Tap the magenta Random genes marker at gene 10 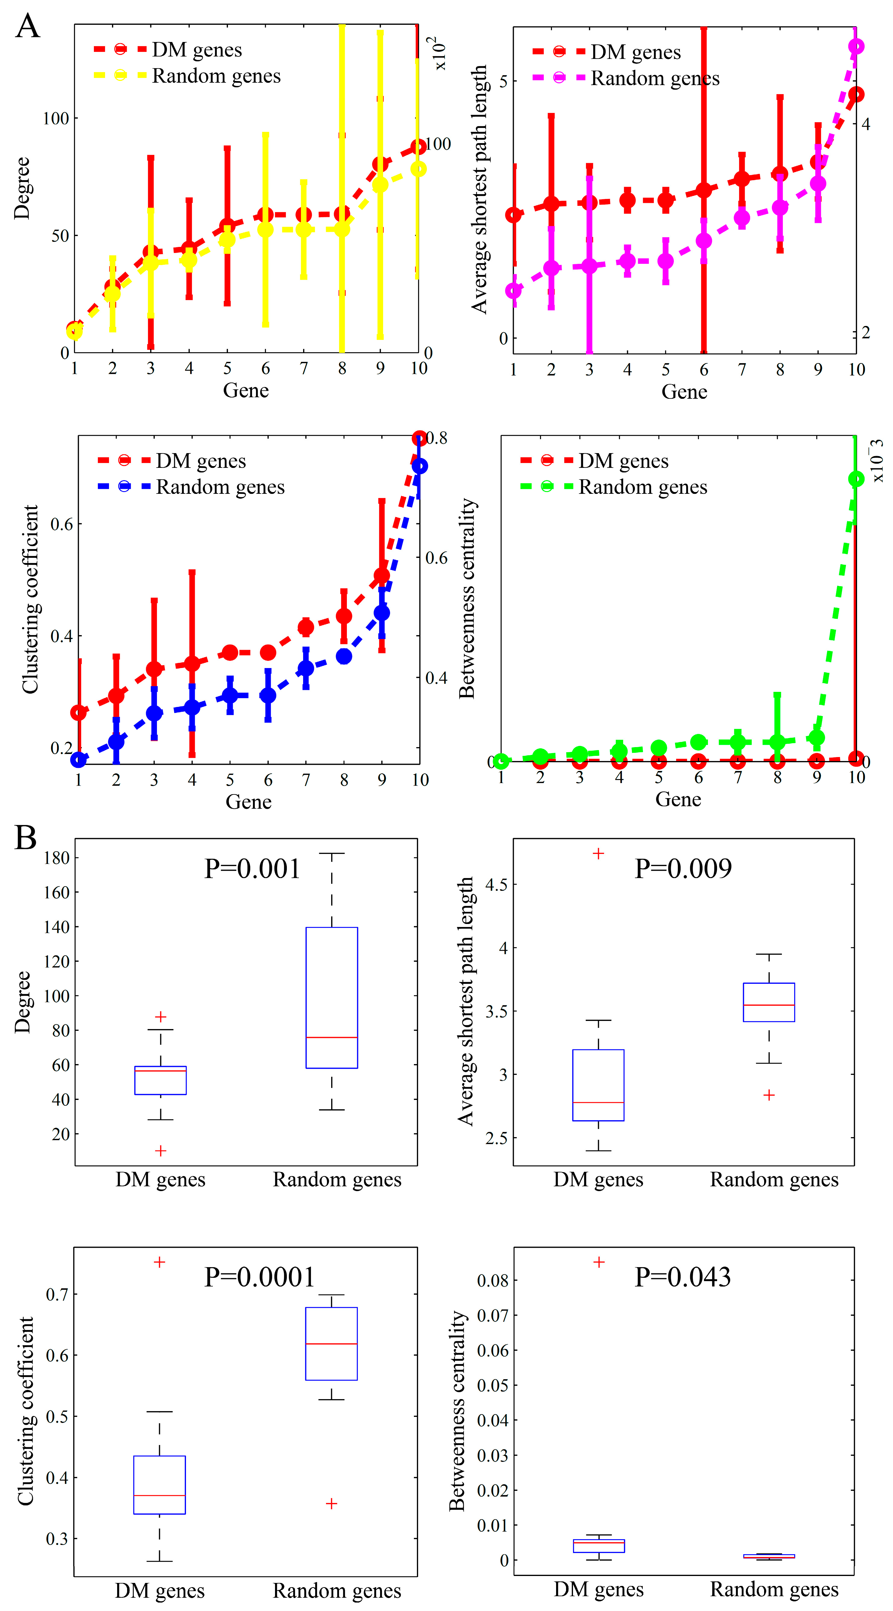pos(856,46)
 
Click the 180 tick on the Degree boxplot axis pos(56,858)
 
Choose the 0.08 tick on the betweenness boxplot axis pos(492,1280)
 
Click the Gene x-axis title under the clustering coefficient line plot pos(248,802)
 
